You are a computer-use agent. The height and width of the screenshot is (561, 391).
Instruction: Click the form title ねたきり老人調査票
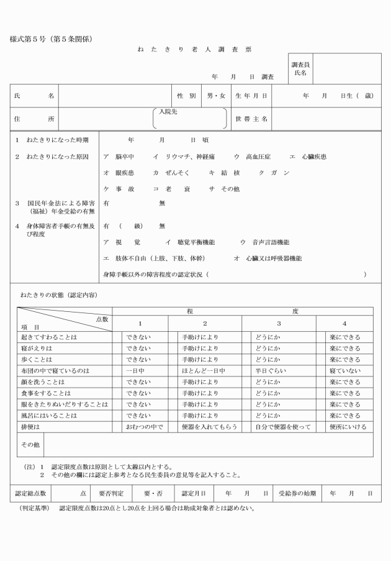point(194,49)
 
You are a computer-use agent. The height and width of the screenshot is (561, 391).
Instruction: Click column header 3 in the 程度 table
point(279,323)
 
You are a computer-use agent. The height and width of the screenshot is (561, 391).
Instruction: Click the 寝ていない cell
point(345,370)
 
